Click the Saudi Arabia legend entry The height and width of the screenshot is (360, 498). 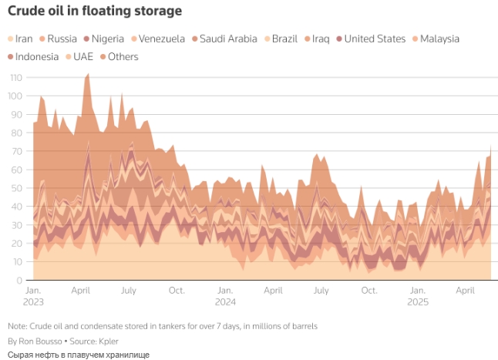[227, 39]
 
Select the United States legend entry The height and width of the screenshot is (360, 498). [374, 39]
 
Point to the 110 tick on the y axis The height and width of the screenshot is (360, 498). [15, 78]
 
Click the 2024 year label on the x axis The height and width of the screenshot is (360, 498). [225, 302]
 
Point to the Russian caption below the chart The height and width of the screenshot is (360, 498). [78, 354]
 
